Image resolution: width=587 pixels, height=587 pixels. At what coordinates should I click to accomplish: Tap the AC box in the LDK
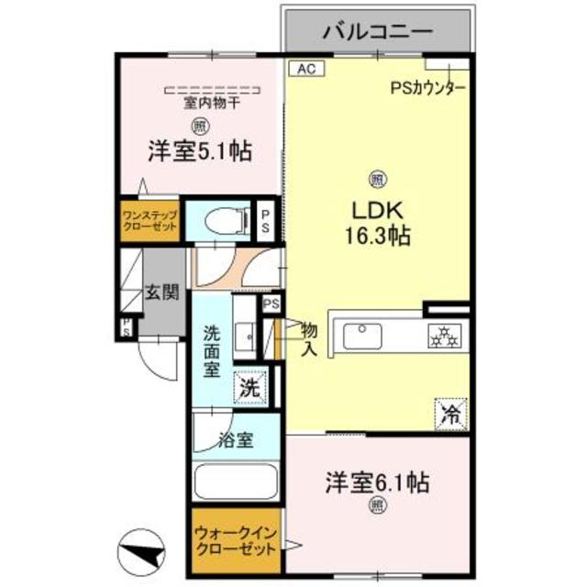click(x=305, y=67)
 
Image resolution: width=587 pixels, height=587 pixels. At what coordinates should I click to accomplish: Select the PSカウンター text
click(x=428, y=89)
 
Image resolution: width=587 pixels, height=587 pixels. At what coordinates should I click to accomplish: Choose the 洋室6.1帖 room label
click(x=378, y=481)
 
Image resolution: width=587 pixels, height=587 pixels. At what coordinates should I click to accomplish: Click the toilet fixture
click(x=220, y=220)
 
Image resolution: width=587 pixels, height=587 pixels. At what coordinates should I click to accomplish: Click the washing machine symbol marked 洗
click(x=250, y=386)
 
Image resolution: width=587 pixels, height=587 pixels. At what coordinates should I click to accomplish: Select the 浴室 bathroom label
click(x=236, y=437)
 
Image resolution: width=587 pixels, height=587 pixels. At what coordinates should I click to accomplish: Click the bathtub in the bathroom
click(x=236, y=481)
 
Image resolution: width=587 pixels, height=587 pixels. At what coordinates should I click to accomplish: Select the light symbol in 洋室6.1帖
click(x=377, y=504)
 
